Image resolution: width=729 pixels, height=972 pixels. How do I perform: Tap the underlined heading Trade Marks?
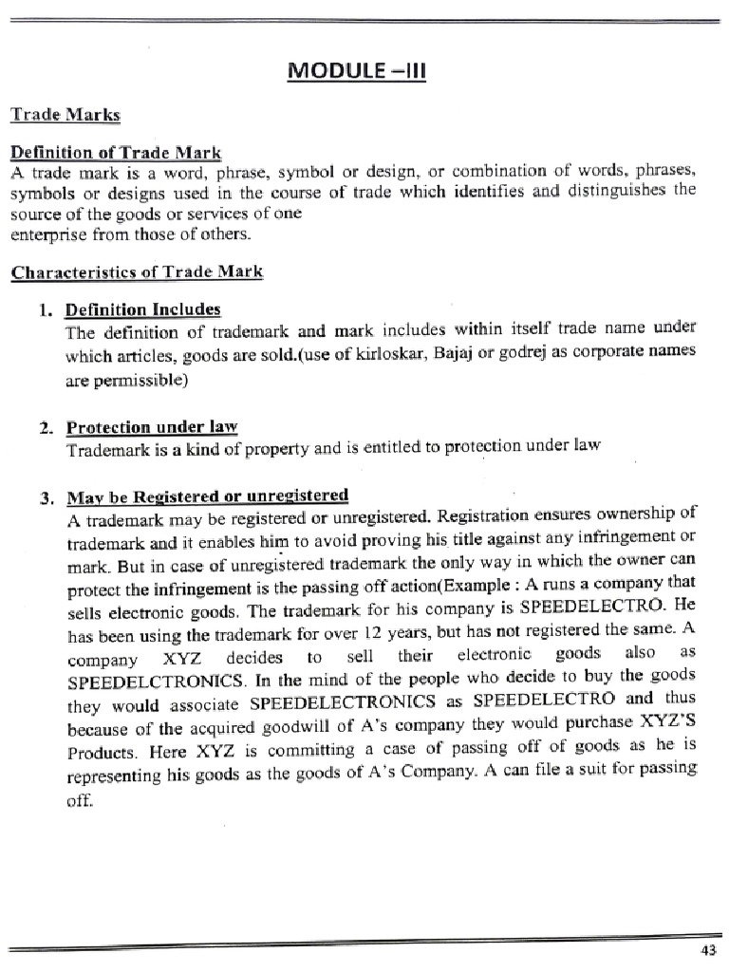coord(65,115)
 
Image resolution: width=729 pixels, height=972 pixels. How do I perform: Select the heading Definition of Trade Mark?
coord(116,153)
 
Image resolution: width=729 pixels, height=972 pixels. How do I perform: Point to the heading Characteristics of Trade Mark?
coord(137,272)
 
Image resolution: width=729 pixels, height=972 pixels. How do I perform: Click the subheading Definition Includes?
coord(142,309)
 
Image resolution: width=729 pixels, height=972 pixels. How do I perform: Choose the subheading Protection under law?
coord(151,427)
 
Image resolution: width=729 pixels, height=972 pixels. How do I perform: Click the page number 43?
coord(707,950)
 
